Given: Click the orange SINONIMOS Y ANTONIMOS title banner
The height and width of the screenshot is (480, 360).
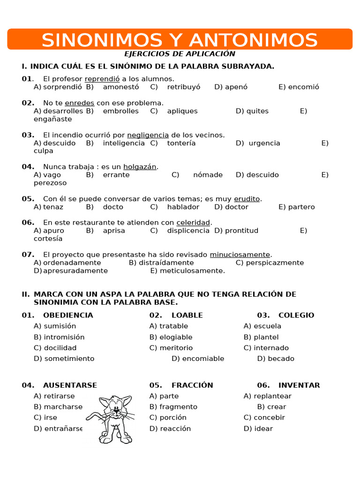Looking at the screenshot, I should [x=180, y=39].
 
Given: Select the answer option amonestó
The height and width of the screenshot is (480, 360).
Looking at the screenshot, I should [x=121, y=87].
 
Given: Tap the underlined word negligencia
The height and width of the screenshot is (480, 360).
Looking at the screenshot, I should [x=148, y=135].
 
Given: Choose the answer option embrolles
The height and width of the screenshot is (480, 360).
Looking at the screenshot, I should [x=121, y=111].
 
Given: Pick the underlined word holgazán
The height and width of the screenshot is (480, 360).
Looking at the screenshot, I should [x=140, y=167].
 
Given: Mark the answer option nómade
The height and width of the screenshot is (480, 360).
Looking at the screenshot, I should [x=208, y=175].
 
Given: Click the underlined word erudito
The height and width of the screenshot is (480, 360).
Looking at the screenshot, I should [x=247, y=199].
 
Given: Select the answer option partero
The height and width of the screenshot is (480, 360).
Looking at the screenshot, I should [x=301, y=207].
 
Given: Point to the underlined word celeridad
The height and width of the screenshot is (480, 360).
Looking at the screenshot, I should [x=193, y=223].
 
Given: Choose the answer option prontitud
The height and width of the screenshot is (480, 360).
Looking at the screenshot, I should [x=241, y=231].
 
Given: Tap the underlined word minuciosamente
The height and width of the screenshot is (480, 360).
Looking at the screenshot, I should [x=240, y=255].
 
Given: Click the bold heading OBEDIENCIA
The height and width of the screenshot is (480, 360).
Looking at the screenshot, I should [x=68, y=315].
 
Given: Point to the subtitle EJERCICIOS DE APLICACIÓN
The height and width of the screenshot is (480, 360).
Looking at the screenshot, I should [x=180, y=54].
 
